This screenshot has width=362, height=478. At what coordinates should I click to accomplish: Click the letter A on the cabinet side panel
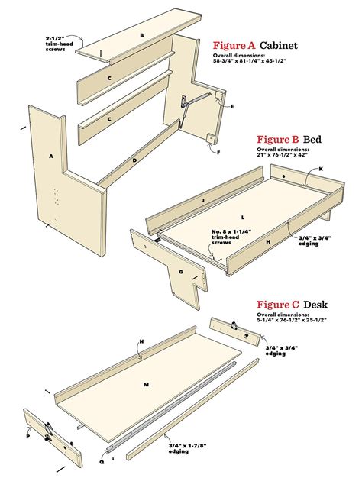(51, 157)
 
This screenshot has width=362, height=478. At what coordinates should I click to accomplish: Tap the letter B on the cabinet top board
(141, 35)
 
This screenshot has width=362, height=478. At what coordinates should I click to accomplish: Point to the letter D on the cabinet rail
(134, 160)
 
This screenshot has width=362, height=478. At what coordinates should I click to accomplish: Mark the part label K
(321, 168)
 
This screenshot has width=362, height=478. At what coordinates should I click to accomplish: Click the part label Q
(102, 461)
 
